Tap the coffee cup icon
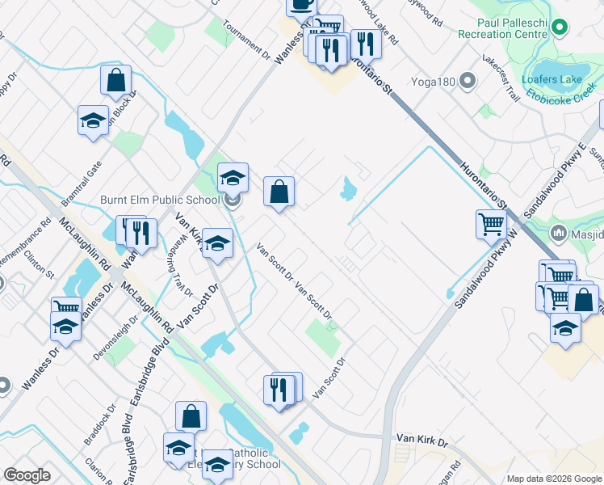click(302, 4)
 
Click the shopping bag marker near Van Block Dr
click(116, 80)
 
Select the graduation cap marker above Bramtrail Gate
click(93, 120)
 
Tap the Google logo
click(27, 475)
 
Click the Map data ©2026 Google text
click(554, 479)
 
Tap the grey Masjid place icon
click(558, 234)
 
